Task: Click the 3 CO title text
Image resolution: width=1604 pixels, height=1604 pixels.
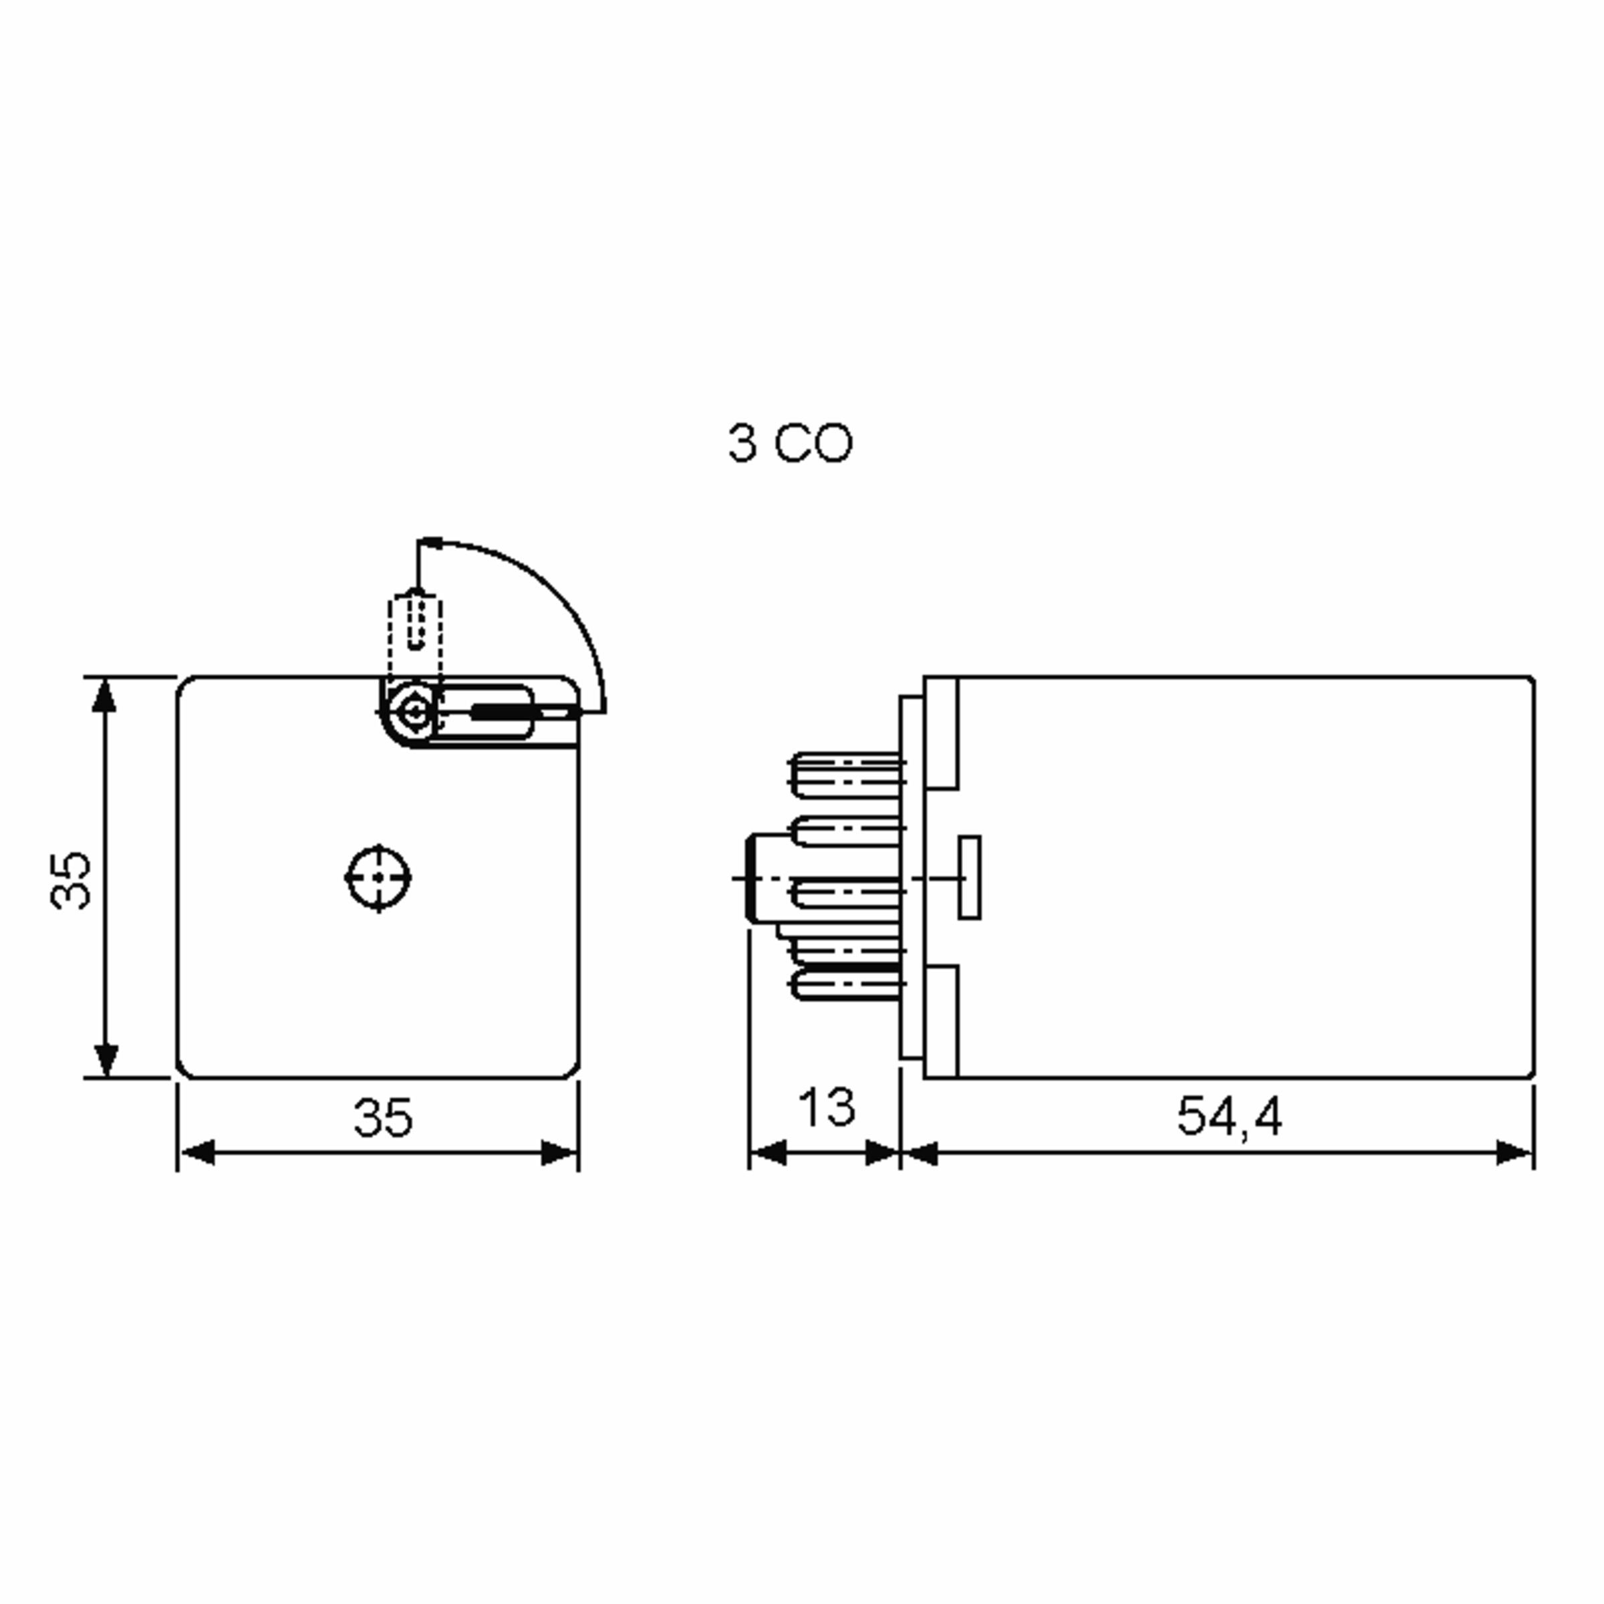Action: point(789,443)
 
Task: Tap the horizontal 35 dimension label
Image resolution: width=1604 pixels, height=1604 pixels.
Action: point(383,1117)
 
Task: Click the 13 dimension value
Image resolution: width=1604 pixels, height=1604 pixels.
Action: point(826,1107)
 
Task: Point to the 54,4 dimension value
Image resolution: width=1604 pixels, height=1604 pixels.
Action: point(1230,1117)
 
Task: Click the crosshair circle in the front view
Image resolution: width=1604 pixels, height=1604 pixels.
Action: point(378,878)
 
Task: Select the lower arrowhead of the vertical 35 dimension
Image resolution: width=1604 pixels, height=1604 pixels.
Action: point(106,1060)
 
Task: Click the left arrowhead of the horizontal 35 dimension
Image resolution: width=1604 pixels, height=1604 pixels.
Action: point(198,1152)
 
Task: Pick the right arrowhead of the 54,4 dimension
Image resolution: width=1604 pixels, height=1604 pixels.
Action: point(1514,1152)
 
